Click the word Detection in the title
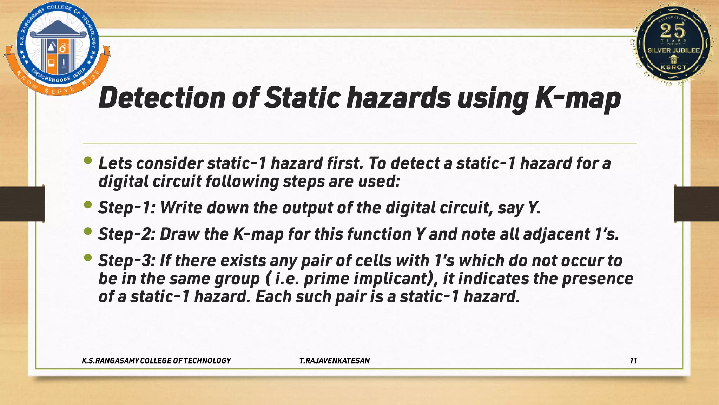pos(161,98)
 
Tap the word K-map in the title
pos(578,98)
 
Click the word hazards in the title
pos(398,98)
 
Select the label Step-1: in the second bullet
pos(127,208)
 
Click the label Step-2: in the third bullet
pos(127,234)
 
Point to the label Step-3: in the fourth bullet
pos(127,261)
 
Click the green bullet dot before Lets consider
pos(88,161)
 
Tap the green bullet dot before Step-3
pos(88,258)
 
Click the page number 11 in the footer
pos(633,361)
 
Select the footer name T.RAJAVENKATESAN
pos(334,361)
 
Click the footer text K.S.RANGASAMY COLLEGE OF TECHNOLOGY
pos(156,361)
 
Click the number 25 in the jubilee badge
pos(673,31)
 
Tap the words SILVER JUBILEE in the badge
pos(674,51)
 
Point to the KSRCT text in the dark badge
pos(673,67)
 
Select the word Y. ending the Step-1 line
pos(534,208)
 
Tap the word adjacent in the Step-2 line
pos(556,234)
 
